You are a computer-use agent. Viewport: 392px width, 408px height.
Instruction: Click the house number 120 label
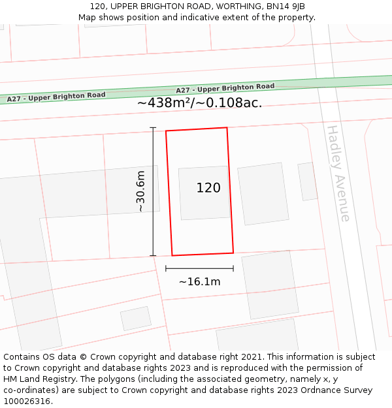(208, 188)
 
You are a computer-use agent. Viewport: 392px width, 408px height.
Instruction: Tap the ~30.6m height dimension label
(140, 191)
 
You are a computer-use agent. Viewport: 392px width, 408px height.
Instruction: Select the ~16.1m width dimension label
(199, 282)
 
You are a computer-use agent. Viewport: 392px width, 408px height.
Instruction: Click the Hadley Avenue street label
(338, 173)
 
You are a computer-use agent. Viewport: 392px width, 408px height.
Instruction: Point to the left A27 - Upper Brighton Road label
(56, 97)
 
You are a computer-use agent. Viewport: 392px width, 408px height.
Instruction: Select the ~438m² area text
(166, 102)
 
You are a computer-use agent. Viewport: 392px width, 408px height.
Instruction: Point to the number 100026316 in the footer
(26, 401)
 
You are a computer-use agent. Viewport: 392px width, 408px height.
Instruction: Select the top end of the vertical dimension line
(154, 127)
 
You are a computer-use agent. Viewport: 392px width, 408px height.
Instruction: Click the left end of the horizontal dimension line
(166, 268)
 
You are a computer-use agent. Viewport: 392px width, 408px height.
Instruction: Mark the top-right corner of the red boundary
(227, 128)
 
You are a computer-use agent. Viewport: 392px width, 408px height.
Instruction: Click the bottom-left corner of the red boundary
(172, 255)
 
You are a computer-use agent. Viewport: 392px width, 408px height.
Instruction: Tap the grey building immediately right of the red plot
(263, 194)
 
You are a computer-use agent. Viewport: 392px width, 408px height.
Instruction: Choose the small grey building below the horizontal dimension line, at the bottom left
(136, 318)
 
